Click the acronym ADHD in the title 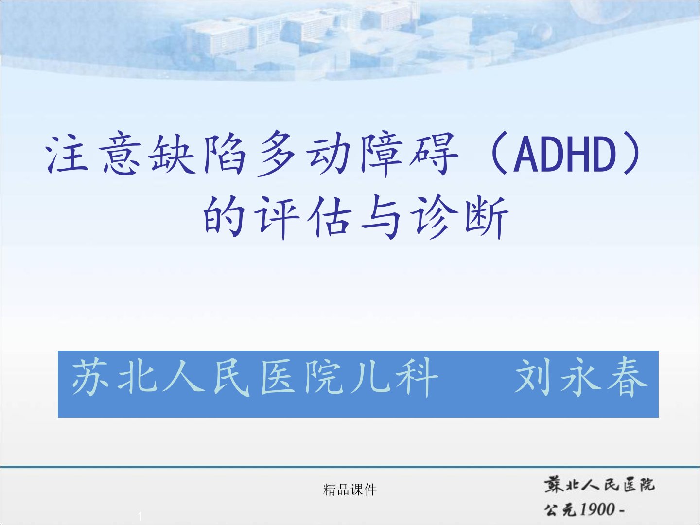point(565,154)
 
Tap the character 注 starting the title point(68,154)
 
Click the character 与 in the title point(381,217)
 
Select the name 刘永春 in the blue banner point(581,378)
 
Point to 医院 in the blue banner point(302,378)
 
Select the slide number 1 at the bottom point(140,516)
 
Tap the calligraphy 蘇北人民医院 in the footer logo point(599,485)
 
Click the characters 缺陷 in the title point(198,154)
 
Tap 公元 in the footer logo point(561,509)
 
